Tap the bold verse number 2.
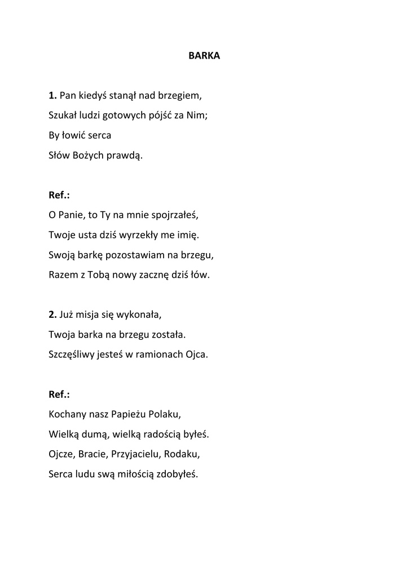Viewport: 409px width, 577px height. (52, 314)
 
